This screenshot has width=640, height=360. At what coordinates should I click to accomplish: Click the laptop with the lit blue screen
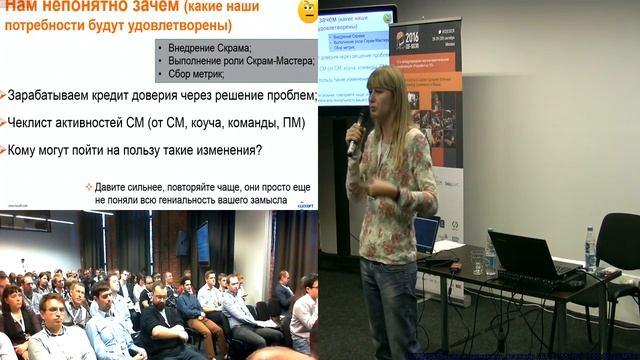point(427,234)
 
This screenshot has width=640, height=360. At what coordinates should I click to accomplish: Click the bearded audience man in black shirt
point(160,315)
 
